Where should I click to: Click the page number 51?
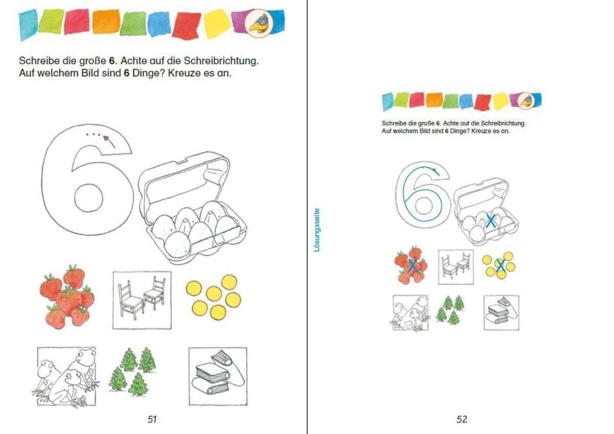152,419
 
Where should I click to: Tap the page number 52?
462,419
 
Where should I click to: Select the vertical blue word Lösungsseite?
317,230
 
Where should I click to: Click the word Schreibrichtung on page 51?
221,61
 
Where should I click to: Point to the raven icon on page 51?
259,23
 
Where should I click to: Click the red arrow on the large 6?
109,141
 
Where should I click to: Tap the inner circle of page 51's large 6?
88,198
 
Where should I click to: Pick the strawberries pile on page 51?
67,296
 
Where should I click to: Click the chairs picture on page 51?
141,300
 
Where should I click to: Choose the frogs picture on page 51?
65,376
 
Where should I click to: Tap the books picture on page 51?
218,376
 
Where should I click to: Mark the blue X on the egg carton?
490,221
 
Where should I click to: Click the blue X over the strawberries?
412,266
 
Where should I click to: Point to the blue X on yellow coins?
499,266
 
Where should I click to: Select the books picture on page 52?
501,313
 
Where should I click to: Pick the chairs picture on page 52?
456,267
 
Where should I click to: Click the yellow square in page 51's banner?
217,23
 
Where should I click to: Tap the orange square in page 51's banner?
106,21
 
